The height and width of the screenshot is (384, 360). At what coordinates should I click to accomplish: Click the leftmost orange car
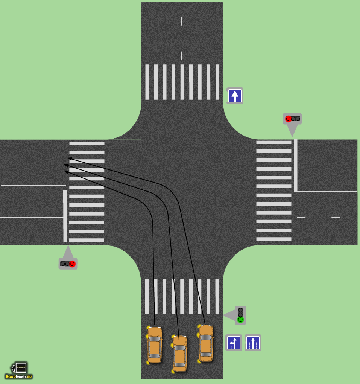155,344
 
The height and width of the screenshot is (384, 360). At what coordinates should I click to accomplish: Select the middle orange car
180,354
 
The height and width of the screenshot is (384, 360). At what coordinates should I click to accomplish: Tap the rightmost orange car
205,343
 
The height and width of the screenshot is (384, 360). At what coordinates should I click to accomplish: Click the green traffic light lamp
240,320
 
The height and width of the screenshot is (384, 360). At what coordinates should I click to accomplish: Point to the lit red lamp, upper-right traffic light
288,119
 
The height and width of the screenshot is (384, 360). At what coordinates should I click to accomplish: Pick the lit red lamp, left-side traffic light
72,264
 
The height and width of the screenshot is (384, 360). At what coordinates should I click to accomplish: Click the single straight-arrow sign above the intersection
235,96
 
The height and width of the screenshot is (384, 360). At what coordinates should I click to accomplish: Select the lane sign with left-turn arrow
234,343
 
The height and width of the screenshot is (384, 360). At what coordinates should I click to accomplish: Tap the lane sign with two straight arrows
253,343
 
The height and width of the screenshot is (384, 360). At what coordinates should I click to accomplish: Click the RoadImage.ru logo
19,371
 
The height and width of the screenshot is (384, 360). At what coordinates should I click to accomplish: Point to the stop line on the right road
296,165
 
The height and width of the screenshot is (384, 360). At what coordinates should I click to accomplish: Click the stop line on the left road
65,216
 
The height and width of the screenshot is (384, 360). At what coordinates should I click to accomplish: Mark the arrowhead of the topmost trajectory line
70,159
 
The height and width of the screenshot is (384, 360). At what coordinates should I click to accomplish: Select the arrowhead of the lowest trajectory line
66,172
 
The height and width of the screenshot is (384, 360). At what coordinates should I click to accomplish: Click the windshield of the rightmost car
205,337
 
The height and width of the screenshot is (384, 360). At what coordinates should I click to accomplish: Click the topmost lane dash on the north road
182,21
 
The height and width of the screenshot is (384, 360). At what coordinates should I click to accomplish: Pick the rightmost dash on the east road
336,217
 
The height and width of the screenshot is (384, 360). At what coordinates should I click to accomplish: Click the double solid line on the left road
33,185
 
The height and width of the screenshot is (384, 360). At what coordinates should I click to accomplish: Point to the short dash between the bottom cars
182,325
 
